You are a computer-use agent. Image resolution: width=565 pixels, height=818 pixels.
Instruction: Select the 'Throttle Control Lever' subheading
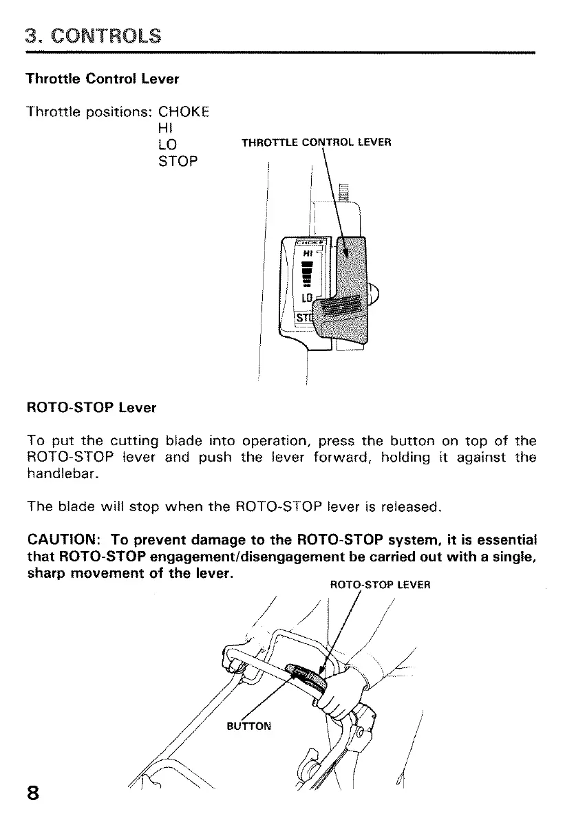point(102,78)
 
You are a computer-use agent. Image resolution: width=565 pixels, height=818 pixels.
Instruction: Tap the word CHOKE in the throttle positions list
point(184,111)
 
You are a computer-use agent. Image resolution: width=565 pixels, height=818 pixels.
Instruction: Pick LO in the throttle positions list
point(167,144)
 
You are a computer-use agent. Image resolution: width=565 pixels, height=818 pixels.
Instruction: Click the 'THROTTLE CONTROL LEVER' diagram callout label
point(316,143)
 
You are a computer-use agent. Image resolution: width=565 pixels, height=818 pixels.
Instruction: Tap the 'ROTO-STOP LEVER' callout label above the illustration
point(380,585)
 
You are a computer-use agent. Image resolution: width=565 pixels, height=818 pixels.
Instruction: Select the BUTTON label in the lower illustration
point(249,725)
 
